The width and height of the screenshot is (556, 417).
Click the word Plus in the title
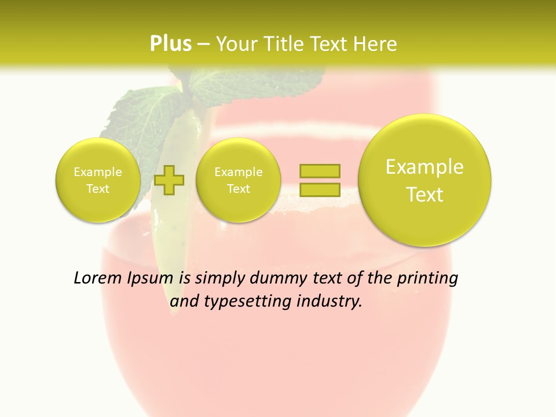pyautogui.click(x=170, y=43)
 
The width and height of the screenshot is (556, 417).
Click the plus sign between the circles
pyautogui.click(x=169, y=180)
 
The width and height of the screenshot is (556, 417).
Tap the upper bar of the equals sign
pyautogui.click(x=320, y=171)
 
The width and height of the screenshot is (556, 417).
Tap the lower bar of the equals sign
pyautogui.click(x=320, y=189)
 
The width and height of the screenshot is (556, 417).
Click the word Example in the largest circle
pyautogui.click(x=425, y=167)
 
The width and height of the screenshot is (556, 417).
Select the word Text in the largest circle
pyautogui.click(x=425, y=195)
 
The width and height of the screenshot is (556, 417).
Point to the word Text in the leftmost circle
pyautogui.click(x=98, y=189)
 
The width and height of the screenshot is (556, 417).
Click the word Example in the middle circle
pyautogui.click(x=238, y=172)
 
